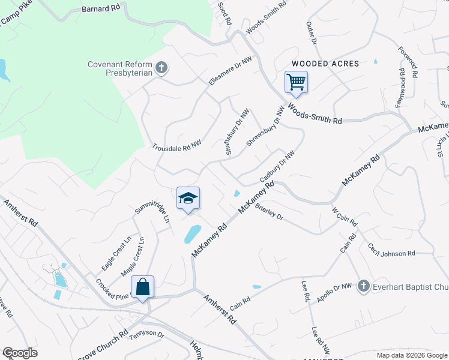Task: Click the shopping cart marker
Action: click(x=296, y=82)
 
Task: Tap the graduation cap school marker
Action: click(x=188, y=199)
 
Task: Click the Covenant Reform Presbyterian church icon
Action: click(x=161, y=68)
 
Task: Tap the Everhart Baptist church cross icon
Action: click(x=363, y=286)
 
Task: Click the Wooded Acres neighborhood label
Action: click(x=325, y=64)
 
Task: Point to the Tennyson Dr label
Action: click(x=146, y=334)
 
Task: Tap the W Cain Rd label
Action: click(x=345, y=217)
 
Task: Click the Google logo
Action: click(x=20, y=353)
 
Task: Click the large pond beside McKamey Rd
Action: click(x=193, y=234)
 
